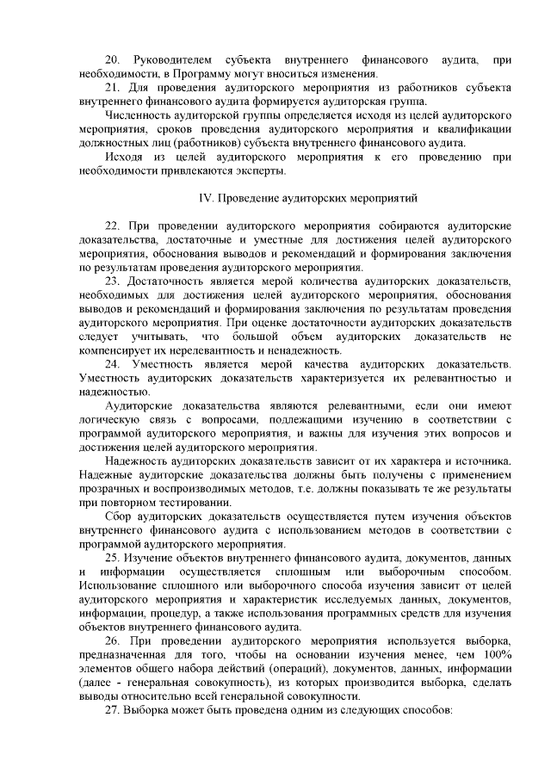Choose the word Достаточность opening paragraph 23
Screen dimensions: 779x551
click(169, 281)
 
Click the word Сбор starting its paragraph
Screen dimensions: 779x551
click(118, 516)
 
